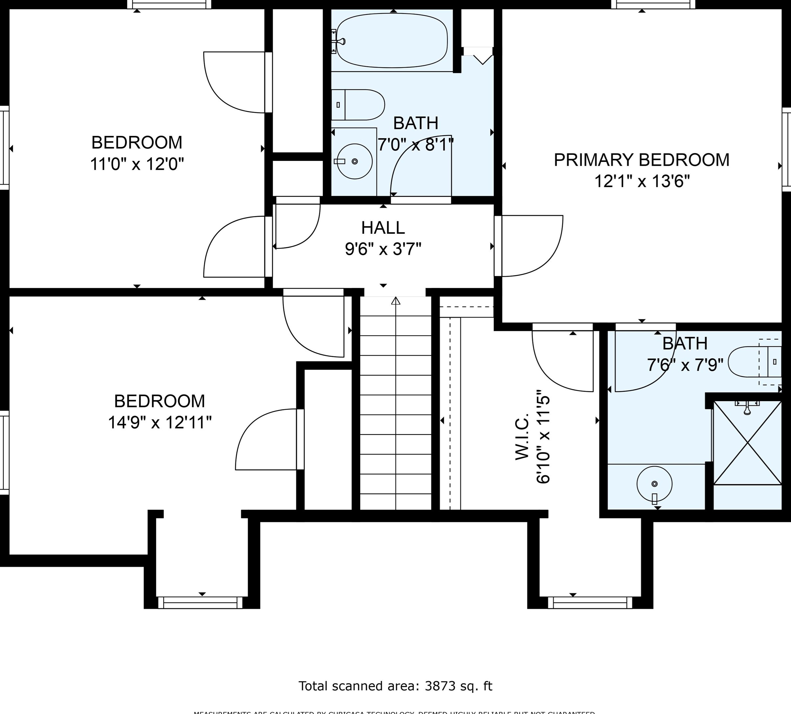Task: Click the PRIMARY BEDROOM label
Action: (641, 160)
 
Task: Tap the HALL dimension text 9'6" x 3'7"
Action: (383, 249)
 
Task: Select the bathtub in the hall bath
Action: (392, 41)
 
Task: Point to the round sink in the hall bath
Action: (354, 161)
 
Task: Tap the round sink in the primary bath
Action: (654, 484)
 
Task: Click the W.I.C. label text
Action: (522, 436)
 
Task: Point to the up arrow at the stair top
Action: (395, 301)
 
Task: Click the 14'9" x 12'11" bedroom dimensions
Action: (159, 423)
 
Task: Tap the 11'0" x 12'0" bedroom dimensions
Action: (137, 164)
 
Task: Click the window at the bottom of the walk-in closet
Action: (590, 603)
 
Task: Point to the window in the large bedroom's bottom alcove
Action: (200, 603)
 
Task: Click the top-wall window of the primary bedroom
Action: (653, 4)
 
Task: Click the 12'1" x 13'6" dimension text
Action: (642, 182)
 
